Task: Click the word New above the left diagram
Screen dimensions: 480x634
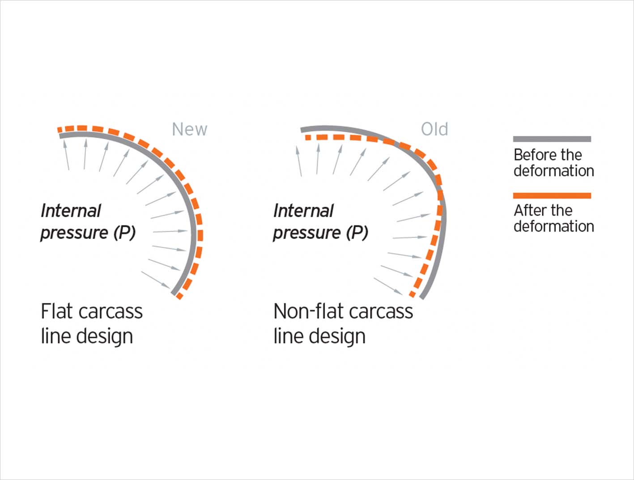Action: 190,129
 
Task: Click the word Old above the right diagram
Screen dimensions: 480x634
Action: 434,129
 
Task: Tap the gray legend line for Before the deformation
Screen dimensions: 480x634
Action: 552,139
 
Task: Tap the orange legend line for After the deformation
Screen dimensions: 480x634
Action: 552,195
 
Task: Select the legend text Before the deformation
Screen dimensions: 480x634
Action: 553,163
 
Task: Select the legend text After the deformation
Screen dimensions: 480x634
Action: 553,218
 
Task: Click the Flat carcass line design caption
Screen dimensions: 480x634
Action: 92,323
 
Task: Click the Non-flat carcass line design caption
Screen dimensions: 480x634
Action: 343,323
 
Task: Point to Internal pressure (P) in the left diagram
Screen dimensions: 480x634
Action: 88,222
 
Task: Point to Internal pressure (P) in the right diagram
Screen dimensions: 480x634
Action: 320,222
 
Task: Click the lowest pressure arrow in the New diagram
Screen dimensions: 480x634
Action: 157,280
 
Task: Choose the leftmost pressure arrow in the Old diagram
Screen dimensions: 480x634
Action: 298,161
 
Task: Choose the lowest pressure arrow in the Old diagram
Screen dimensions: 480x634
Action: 388,286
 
